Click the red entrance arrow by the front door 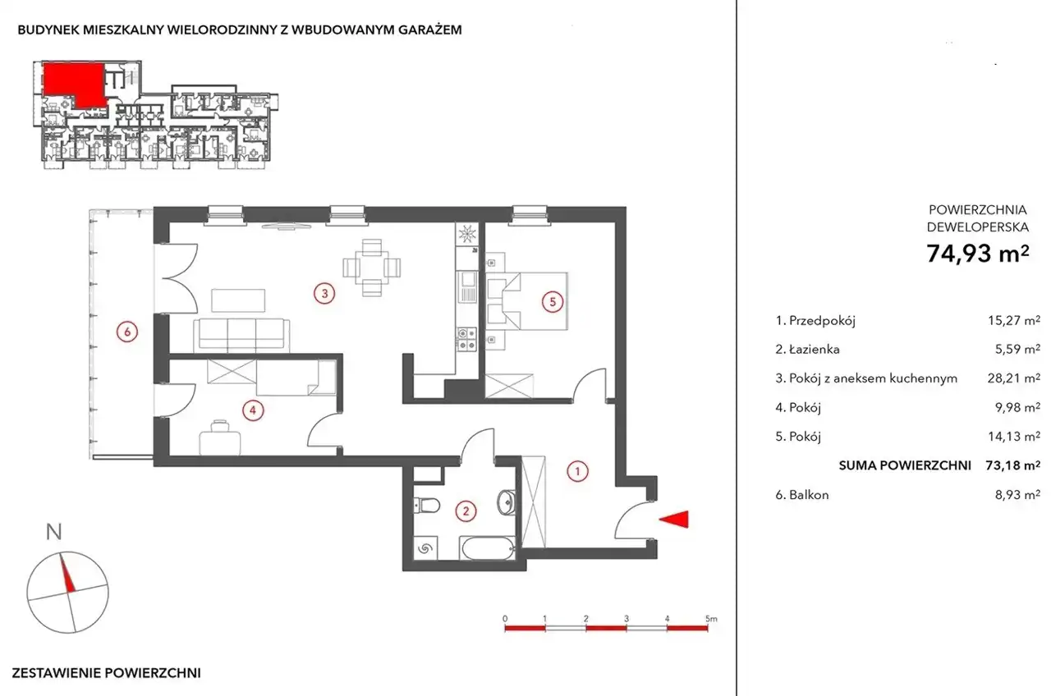click(674, 520)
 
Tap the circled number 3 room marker click(324, 294)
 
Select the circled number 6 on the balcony click(126, 332)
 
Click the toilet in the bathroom click(427, 505)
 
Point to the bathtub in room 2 click(488, 547)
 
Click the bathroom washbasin click(506, 502)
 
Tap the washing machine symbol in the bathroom click(425, 547)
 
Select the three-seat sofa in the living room click(241, 336)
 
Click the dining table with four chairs click(372, 268)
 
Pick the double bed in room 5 click(527, 300)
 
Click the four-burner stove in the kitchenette click(467, 339)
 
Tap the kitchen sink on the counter click(467, 286)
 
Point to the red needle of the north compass click(67, 573)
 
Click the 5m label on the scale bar click(711, 619)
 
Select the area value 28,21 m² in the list click(1013, 378)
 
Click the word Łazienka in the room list click(814, 349)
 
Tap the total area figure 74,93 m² click(978, 254)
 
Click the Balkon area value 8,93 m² click(1017, 495)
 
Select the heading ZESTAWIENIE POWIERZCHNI click(107, 673)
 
